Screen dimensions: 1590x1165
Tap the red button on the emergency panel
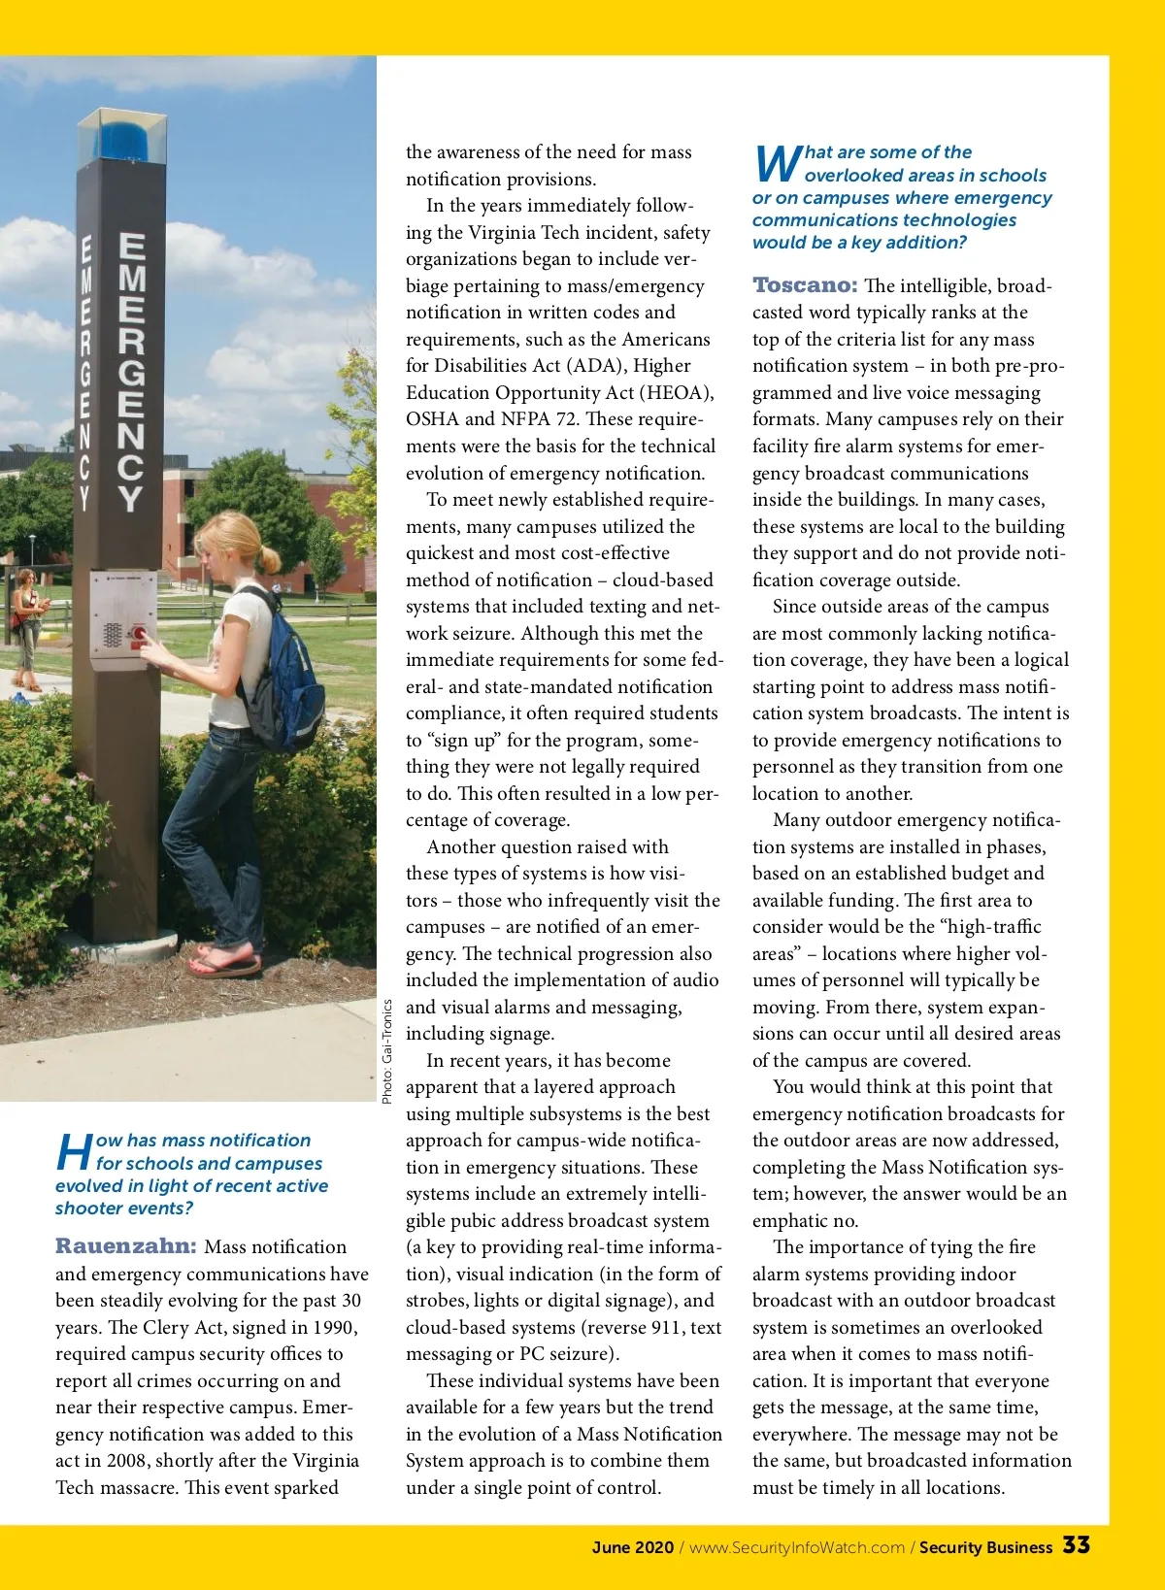point(138,634)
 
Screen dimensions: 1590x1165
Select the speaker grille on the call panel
point(112,635)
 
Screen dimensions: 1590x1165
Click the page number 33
point(1076,1545)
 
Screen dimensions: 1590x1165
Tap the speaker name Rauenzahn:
point(126,1246)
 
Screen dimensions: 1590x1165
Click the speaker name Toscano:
point(805,285)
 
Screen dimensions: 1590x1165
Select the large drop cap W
point(776,163)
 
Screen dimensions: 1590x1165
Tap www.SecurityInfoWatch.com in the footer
point(796,1547)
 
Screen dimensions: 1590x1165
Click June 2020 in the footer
point(632,1547)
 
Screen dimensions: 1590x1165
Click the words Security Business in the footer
point(985,1547)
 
